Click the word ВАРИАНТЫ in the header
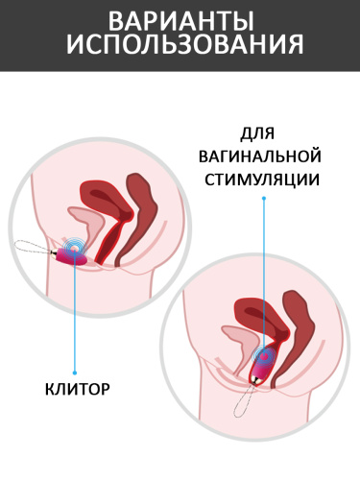tap(180, 21)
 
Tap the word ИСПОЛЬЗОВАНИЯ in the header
tap(184, 45)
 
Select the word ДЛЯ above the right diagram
tap(257, 133)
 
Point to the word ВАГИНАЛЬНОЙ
tap(260, 156)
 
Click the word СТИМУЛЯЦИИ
tap(262, 180)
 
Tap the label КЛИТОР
tap(78, 389)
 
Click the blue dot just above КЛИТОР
tap(75, 372)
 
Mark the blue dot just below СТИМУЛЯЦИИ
tap(264, 198)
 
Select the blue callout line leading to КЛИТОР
tap(75, 311)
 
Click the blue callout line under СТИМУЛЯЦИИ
tap(264, 277)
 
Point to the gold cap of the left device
tap(54, 254)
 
